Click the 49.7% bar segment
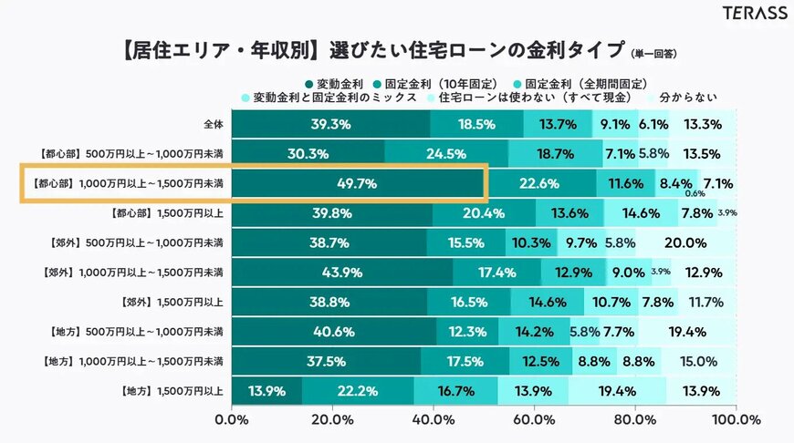click(356, 183)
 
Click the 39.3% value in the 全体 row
click(330, 124)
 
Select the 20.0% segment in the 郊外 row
click(685, 243)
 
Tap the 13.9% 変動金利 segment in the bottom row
click(266, 391)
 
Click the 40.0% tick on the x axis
click(433, 420)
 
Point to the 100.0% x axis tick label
click(735, 420)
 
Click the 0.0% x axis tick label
click(231, 420)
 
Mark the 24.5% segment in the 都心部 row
click(445, 153)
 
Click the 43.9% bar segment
click(341, 273)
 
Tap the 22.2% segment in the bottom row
click(358, 391)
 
